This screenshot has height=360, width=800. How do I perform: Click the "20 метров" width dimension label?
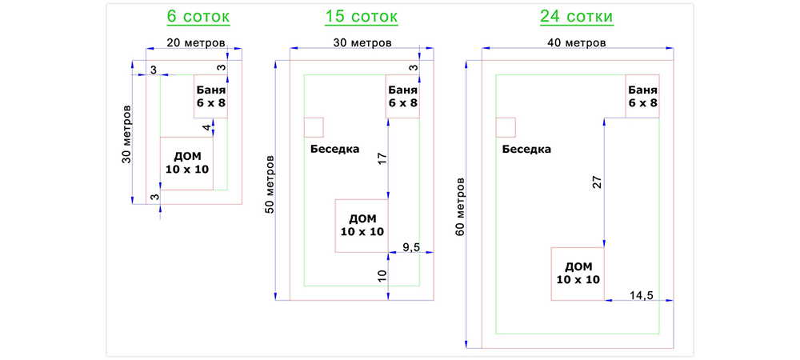(195, 42)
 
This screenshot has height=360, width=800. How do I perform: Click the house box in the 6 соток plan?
(186, 163)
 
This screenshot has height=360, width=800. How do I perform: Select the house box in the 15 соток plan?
(362, 226)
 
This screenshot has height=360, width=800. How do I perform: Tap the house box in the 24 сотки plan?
(578, 274)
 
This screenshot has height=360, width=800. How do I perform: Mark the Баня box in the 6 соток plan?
(210, 96)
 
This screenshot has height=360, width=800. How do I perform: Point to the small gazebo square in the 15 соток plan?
(314, 126)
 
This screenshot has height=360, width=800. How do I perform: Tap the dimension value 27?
(596, 182)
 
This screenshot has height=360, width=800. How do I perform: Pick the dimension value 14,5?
(641, 296)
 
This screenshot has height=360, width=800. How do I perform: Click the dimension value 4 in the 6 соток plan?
(206, 128)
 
